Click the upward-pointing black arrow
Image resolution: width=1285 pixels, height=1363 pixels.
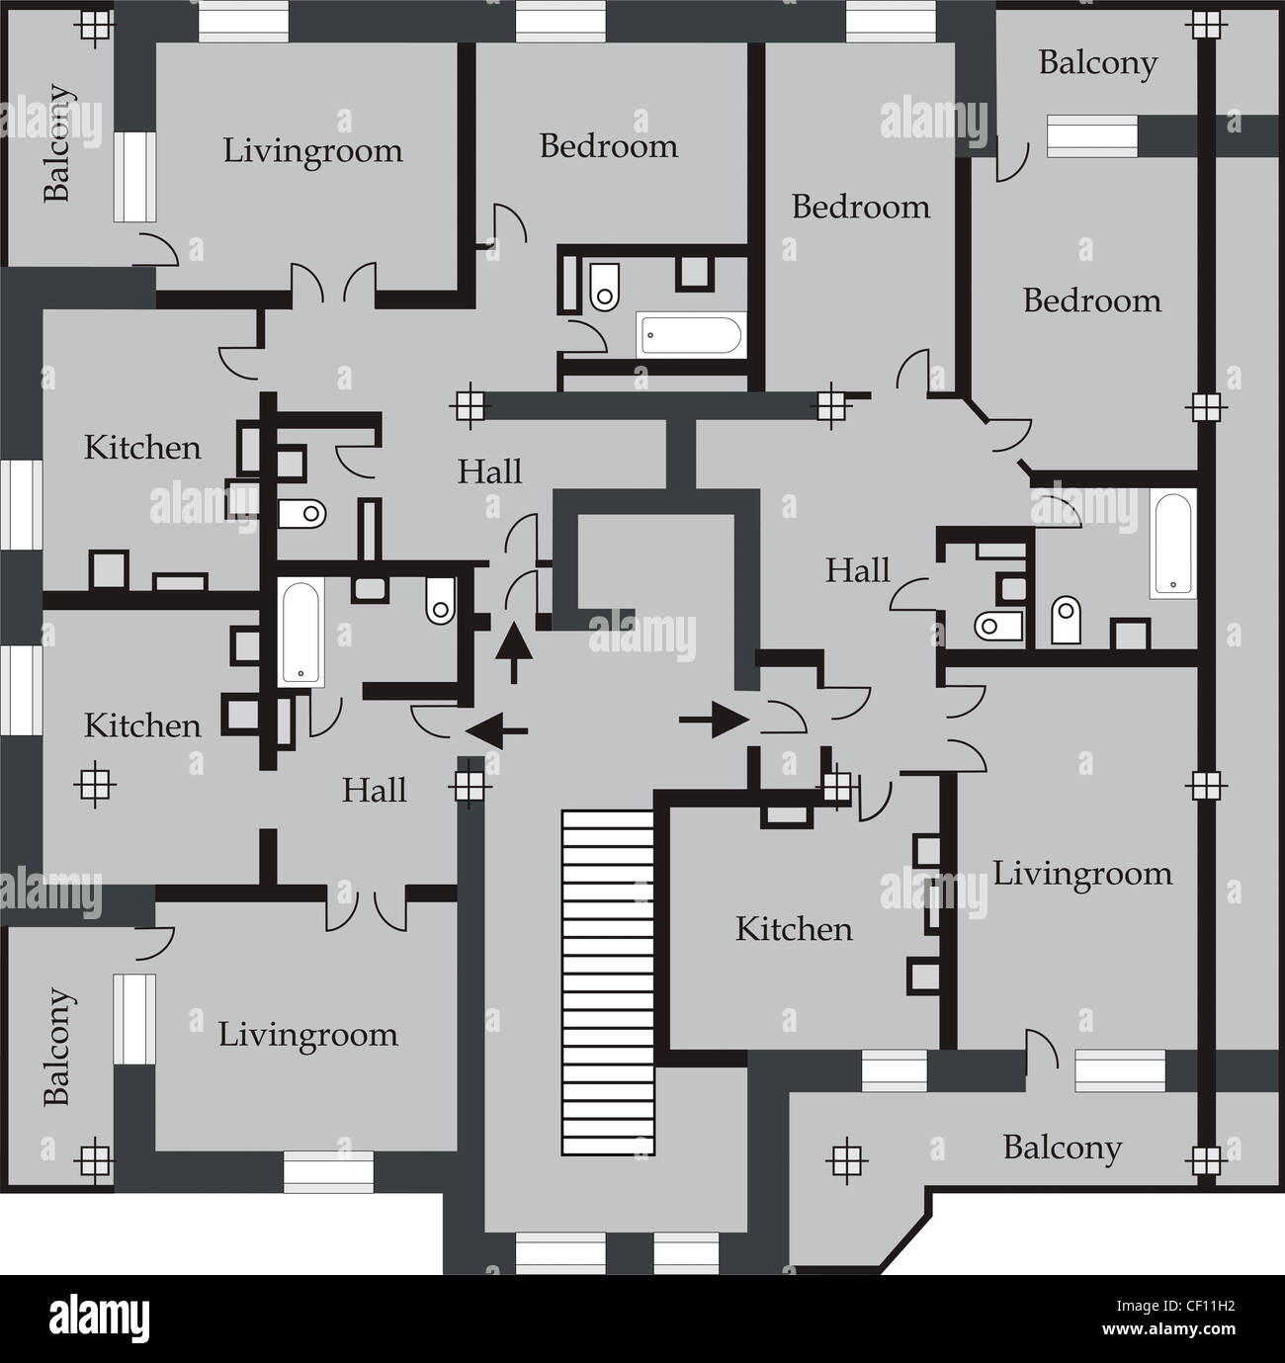pos(513,651)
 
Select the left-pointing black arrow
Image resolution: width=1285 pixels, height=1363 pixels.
pos(496,732)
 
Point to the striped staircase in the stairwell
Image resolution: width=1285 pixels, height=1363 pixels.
pos(608,982)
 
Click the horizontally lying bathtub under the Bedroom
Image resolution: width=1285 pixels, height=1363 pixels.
pos(689,334)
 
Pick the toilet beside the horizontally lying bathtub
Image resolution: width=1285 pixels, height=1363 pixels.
pos(604,286)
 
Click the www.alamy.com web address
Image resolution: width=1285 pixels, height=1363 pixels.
pos(1170,1330)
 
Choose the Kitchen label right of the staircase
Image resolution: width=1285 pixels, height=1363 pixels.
pos(794,929)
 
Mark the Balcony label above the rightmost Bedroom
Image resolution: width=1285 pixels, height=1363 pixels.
pos(1097,63)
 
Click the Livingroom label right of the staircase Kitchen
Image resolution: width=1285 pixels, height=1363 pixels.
pos(1082,874)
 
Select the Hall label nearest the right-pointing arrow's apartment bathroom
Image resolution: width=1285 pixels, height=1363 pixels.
pos(858,570)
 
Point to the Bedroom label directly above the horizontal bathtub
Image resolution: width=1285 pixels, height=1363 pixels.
pos(609,146)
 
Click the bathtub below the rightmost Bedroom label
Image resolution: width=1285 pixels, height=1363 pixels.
pos(1173,545)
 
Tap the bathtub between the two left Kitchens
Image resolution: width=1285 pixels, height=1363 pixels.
pos(302,633)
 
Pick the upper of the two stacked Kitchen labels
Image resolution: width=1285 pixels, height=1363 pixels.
pos(142,448)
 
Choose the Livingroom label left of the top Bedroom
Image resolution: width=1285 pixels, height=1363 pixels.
pos(312,151)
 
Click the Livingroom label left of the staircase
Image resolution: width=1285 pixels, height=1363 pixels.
pos(308,1035)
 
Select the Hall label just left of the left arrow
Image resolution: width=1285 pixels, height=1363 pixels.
pos(375,791)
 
